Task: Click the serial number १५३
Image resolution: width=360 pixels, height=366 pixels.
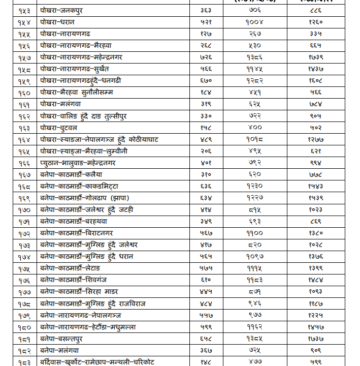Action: pos(24,10)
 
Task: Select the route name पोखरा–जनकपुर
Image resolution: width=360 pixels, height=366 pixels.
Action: pos(62,10)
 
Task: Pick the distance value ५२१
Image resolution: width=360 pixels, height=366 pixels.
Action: pos(206,22)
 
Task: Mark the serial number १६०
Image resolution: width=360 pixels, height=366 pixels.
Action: pos(24,93)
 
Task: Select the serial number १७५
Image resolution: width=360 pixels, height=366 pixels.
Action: pos(24,268)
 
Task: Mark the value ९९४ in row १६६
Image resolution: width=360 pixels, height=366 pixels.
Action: pos(316,163)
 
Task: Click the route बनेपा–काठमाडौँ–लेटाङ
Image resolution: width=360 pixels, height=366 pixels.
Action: pos(71,268)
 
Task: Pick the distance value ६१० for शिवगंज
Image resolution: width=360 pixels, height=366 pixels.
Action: pos(206,280)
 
